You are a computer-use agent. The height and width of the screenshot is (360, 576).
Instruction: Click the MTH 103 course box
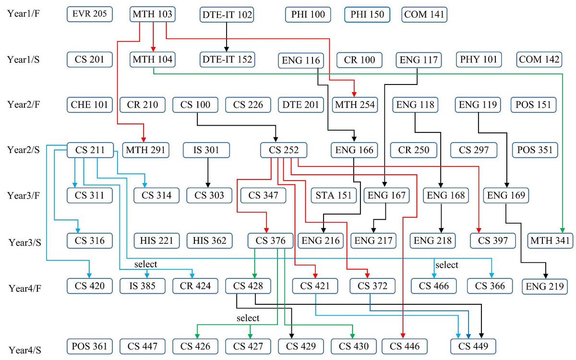tap(152, 14)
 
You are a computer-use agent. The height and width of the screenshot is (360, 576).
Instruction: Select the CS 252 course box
tap(284, 150)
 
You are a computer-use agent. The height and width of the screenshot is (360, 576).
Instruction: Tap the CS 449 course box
tap(473, 346)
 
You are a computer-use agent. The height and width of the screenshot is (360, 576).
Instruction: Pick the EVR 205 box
tap(90, 14)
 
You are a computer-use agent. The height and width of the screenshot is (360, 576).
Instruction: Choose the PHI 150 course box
tap(367, 14)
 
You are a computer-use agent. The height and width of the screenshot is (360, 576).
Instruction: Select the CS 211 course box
tap(90, 150)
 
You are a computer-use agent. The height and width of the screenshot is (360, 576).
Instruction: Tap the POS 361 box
tap(90, 346)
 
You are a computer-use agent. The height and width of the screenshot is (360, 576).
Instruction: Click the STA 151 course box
tap(334, 195)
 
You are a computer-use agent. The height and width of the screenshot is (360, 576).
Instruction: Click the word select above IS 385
tap(146, 264)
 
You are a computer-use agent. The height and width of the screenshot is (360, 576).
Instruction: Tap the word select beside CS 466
tap(446, 265)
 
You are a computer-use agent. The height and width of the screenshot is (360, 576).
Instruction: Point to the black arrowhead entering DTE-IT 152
tap(226, 48)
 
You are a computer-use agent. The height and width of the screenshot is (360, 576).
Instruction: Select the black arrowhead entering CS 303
tap(208, 184)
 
